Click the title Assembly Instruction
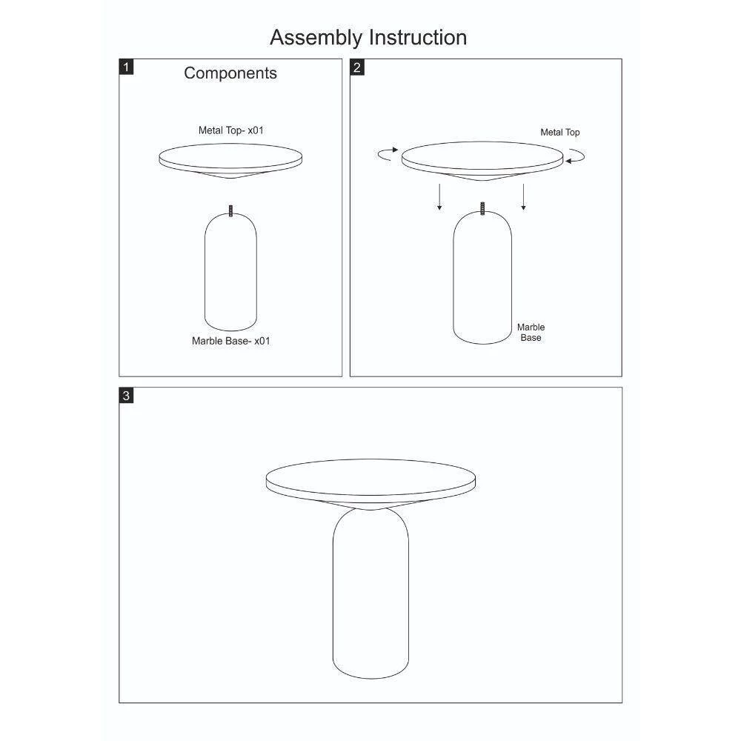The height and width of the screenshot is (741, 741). click(x=368, y=38)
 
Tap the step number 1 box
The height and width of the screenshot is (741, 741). click(x=126, y=67)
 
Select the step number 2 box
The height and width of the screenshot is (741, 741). click(x=357, y=67)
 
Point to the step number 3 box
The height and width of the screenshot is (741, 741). click(x=126, y=395)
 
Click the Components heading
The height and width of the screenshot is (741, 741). click(x=230, y=73)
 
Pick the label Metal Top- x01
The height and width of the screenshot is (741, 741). click(x=230, y=130)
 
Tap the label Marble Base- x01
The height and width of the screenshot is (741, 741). click(x=230, y=341)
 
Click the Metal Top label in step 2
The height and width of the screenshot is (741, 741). click(x=560, y=133)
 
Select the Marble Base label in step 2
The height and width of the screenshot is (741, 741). click(x=531, y=332)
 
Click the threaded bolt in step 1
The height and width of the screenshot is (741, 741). click(x=230, y=210)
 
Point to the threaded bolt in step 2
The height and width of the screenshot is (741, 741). click(x=482, y=208)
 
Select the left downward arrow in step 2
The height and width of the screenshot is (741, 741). click(x=439, y=196)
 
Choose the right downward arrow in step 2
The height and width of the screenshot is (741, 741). click(x=523, y=196)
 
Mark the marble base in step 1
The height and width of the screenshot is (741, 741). click(x=230, y=272)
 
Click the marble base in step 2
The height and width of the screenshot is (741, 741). click(x=482, y=278)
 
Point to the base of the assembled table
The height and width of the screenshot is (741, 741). click(x=370, y=594)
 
